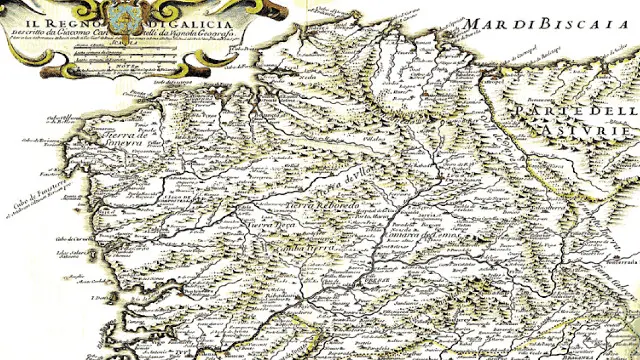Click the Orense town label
click(x=345, y=282)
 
